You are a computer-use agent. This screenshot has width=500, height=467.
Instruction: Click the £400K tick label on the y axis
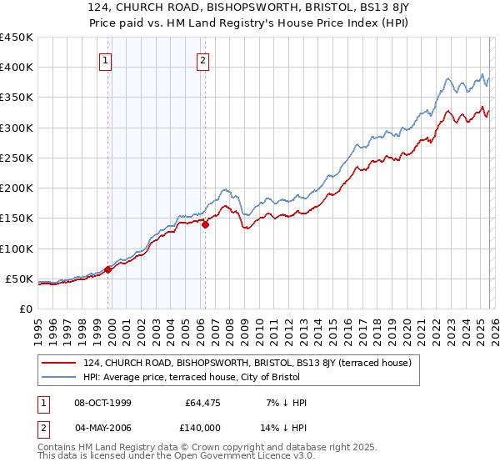(x=16, y=68)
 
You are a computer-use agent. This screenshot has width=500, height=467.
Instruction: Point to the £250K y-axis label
(x=16, y=158)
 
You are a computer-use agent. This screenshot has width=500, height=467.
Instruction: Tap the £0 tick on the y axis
(x=25, y=309)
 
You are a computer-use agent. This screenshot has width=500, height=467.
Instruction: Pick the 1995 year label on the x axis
(x=37, y=325)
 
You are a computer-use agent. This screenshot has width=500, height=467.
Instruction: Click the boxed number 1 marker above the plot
(x=106, y=60)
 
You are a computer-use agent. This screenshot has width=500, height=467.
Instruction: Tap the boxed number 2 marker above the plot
(x=202, y=60)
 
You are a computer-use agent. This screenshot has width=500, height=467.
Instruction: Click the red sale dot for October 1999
(x=107, y=269)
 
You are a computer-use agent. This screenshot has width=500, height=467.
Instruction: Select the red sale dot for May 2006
(x=204, y=224)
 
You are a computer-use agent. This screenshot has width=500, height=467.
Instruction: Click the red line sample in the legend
(x=59, y=363)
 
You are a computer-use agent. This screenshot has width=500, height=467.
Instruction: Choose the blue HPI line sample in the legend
(x=59, y=377)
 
